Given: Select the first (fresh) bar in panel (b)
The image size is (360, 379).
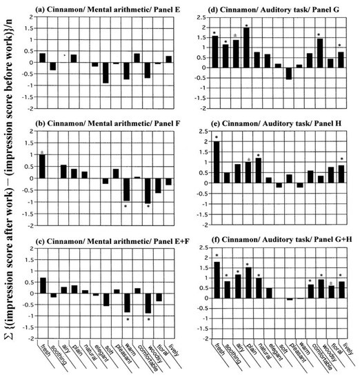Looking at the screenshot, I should click(42, 166).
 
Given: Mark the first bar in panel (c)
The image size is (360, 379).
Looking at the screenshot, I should click(42, 285).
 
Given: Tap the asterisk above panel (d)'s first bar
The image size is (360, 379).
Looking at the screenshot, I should click(216, 32).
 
